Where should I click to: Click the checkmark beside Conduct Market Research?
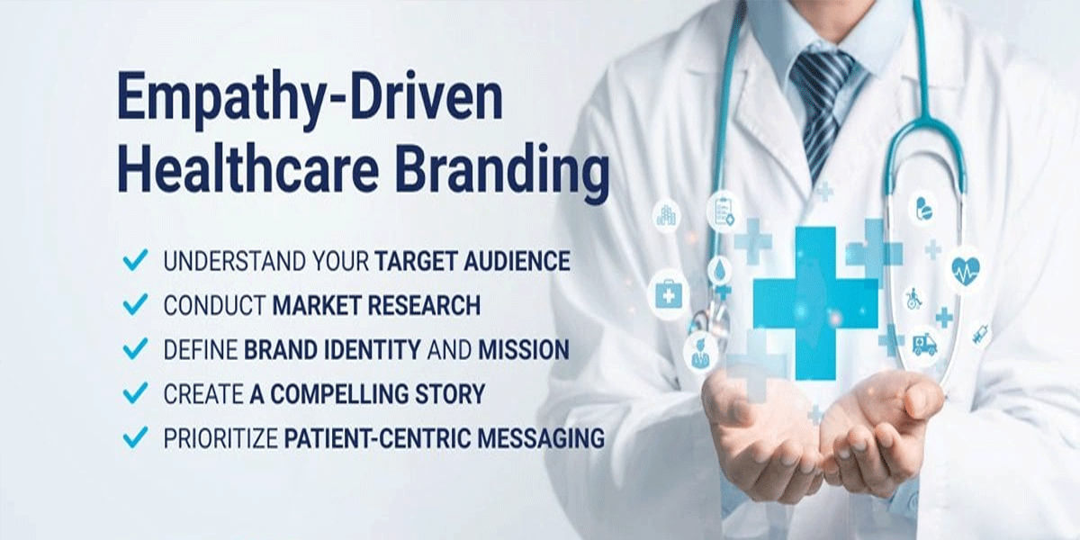135,305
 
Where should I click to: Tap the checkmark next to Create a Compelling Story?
135,393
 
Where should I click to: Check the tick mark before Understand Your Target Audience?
135,261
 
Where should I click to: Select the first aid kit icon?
669,294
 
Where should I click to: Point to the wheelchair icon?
913,298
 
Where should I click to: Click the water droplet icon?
719,270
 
